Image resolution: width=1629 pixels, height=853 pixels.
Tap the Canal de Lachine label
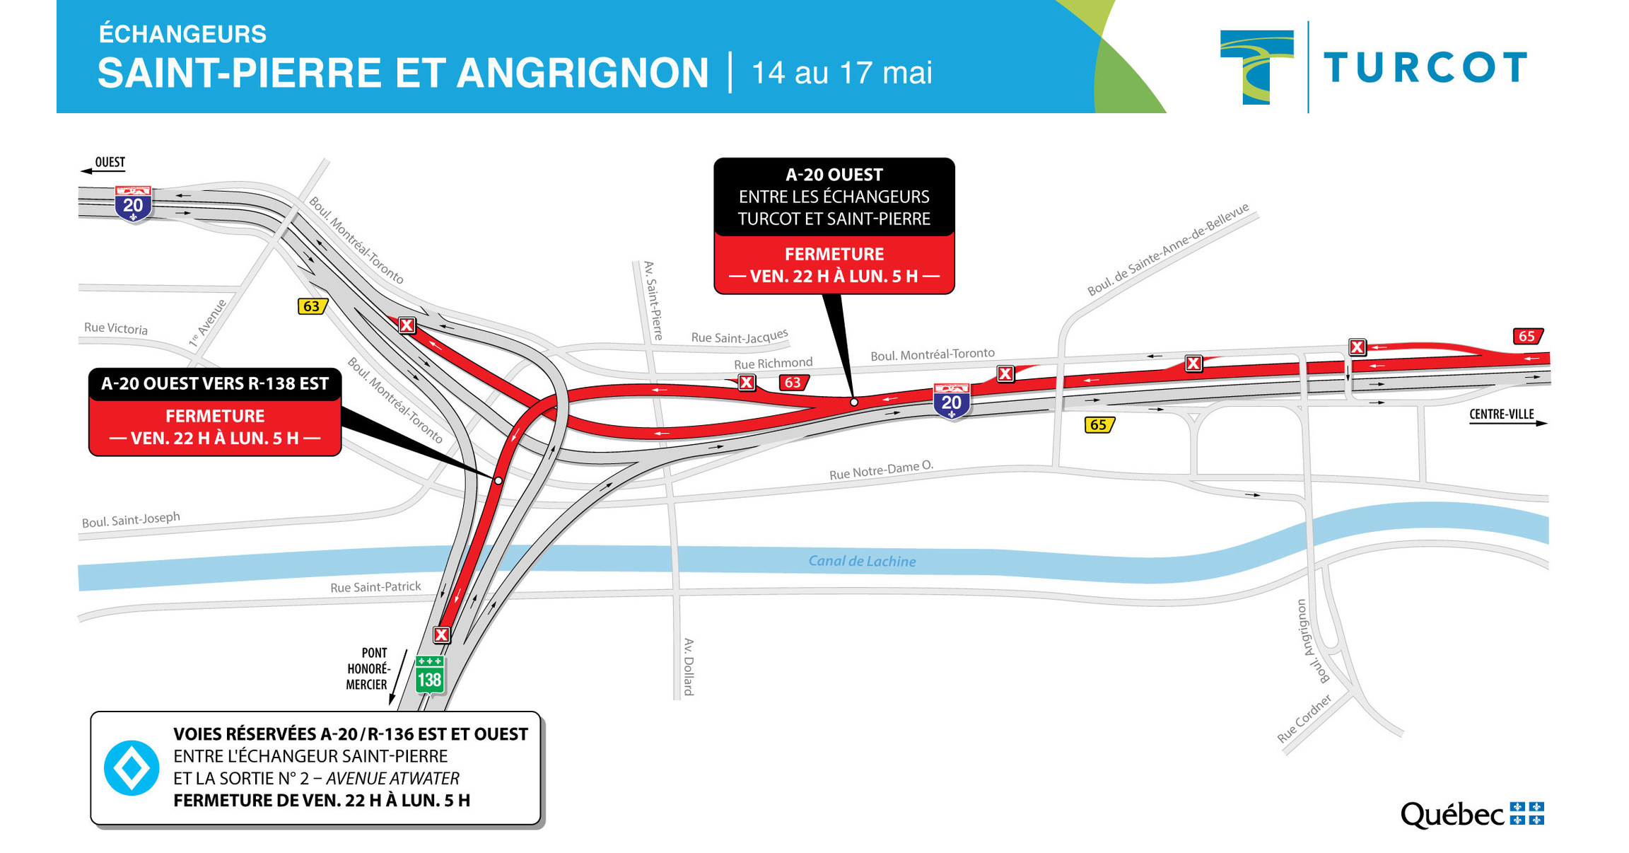tap(862, 561)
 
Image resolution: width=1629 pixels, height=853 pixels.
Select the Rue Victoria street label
tap(116, 328)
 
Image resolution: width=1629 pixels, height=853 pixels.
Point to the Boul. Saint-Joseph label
tap(131, 520)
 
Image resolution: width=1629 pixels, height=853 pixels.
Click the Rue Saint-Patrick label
tap(375, 587)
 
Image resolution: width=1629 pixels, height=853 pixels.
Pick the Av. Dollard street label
tap(689, 666)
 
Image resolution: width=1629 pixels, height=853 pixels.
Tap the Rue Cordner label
tap(1304, 718)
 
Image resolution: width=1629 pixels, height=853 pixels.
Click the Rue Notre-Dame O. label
tap(881, 470)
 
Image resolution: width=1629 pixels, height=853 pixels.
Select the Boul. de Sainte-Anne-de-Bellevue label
tap(1167, 249)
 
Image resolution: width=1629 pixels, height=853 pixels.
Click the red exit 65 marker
tap(1527, 336)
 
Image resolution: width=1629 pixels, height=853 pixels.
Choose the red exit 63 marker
tap(793, 383)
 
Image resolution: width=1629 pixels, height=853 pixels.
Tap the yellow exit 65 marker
tap(1099, 424)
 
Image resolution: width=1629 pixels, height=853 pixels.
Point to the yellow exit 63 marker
tap(312, 306)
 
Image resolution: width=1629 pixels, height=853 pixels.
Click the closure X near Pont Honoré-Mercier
tap(441, 634)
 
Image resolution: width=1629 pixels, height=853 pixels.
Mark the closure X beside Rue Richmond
tap(747, 383)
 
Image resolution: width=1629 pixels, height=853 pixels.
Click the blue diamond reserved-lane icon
tap(132, 767)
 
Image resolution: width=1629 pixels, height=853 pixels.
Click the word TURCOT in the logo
tap(1425, 69)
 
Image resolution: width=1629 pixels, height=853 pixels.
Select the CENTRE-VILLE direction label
tap(1501, 414)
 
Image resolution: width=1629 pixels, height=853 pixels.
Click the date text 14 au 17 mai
tap(841, 73)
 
